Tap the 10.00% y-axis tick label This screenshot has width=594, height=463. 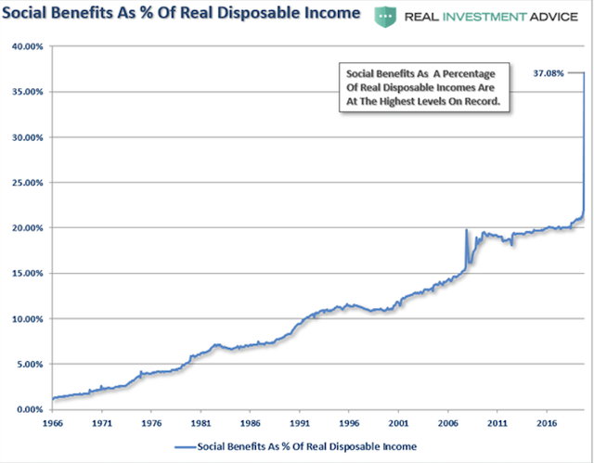(26, 318)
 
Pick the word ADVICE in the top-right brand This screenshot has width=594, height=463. (556, 16)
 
